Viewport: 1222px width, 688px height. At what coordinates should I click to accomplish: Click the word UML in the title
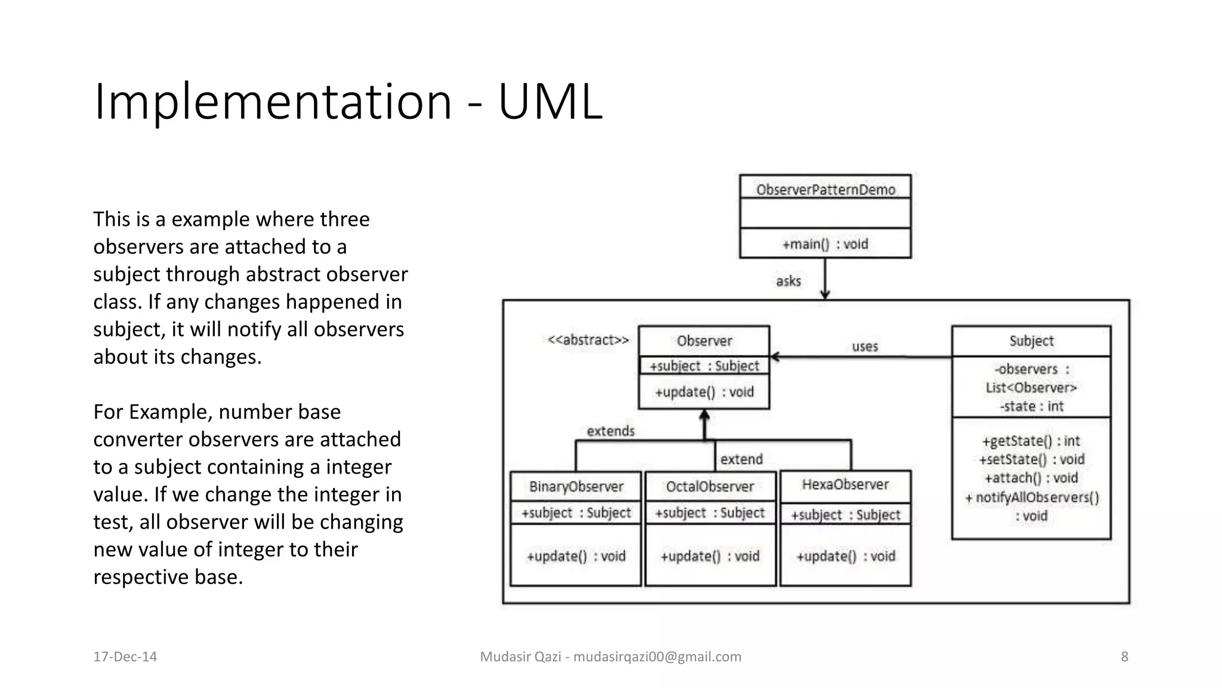point(550,102)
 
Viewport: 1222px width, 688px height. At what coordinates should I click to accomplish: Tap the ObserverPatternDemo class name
point(825,190)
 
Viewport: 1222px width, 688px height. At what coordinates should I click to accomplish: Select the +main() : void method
point(825,244)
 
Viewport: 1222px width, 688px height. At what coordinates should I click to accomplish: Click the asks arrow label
point(788,281)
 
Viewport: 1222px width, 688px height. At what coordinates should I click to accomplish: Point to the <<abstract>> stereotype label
point(588,340)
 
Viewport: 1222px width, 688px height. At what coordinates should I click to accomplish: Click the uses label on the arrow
point(865,346)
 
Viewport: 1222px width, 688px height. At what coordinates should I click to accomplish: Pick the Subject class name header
point(1031,341)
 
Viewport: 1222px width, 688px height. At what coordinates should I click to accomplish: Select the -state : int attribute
point(1032,407)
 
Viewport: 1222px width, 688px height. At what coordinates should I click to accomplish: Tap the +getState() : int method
point(1031,441)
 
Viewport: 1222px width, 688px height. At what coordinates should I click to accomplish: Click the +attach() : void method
point(1031,478)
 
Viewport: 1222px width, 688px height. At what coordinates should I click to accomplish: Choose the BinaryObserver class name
point(576,487)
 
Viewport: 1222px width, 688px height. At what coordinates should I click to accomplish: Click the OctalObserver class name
point(710,487)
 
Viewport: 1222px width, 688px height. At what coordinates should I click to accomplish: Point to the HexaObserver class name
point(845,484)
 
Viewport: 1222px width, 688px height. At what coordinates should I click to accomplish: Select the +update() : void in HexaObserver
point(845,556)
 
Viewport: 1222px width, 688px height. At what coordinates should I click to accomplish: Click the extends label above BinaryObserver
point(610,431)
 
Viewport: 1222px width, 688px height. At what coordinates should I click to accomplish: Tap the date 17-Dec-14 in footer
point(125,656)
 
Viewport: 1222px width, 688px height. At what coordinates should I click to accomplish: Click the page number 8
point(1124,656)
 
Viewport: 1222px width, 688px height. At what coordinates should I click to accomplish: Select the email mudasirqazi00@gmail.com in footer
point(657,656)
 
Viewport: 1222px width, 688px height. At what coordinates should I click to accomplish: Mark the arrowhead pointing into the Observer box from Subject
point(774,357)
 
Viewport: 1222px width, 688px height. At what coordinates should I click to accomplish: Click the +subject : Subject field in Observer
point(704,366)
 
